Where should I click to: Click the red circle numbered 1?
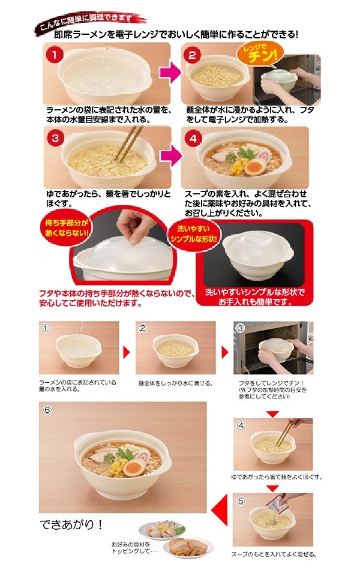[x=54, y=55]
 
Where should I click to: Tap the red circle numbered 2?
[x=192, y=55]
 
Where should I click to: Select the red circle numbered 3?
[x=55, y=138]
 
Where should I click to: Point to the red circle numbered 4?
[x=193, y=139]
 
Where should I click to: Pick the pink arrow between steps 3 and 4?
[x=170, y=155]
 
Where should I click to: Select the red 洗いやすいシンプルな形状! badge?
[x=193, y=234]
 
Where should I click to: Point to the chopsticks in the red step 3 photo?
[x=128, y=143]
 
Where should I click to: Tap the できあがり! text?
[x=71, y=524]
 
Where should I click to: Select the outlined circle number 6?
[x=47, y=410]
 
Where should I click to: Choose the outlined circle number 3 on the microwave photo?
[x=240, y=328]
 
